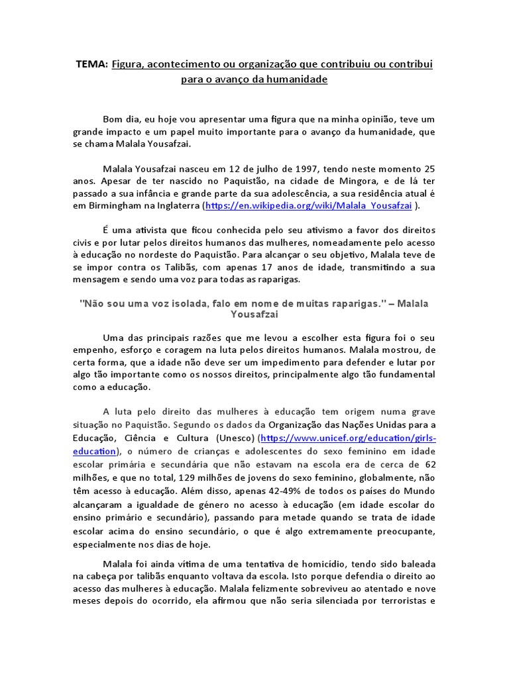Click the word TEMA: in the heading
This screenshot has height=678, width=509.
pyautogui.click(x=91, y=64)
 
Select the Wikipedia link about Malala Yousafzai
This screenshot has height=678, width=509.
pyautogui.click(x=309, y=206)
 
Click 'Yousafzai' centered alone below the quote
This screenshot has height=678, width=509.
pyautogui.click(x=254, y=315)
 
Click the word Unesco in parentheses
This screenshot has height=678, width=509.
pyautogui.click(x=234, y=438)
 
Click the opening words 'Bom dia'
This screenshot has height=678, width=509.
pyautogui.click(x=122, y=119)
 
